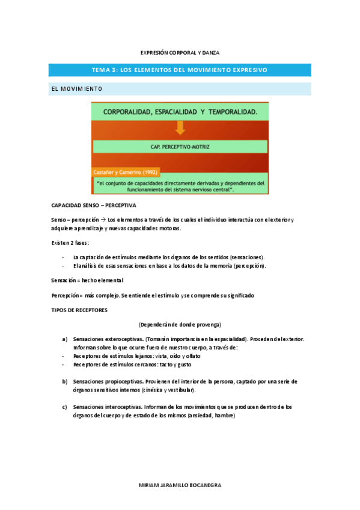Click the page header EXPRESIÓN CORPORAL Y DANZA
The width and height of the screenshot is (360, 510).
180,52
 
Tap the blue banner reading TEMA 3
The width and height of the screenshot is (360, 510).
180,70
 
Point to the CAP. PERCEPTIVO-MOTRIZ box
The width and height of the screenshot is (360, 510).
180,146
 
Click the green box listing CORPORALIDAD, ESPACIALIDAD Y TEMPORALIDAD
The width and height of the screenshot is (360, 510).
180,112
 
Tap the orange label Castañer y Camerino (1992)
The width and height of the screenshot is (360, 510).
126,172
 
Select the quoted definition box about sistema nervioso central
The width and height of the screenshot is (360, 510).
180,185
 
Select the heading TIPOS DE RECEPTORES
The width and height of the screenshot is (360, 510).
79,309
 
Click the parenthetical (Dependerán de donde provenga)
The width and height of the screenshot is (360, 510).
180,324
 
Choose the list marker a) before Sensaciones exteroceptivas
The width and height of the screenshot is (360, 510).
64,339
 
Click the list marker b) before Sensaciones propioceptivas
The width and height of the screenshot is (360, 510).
64,381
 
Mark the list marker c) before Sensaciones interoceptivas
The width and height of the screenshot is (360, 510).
64,407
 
